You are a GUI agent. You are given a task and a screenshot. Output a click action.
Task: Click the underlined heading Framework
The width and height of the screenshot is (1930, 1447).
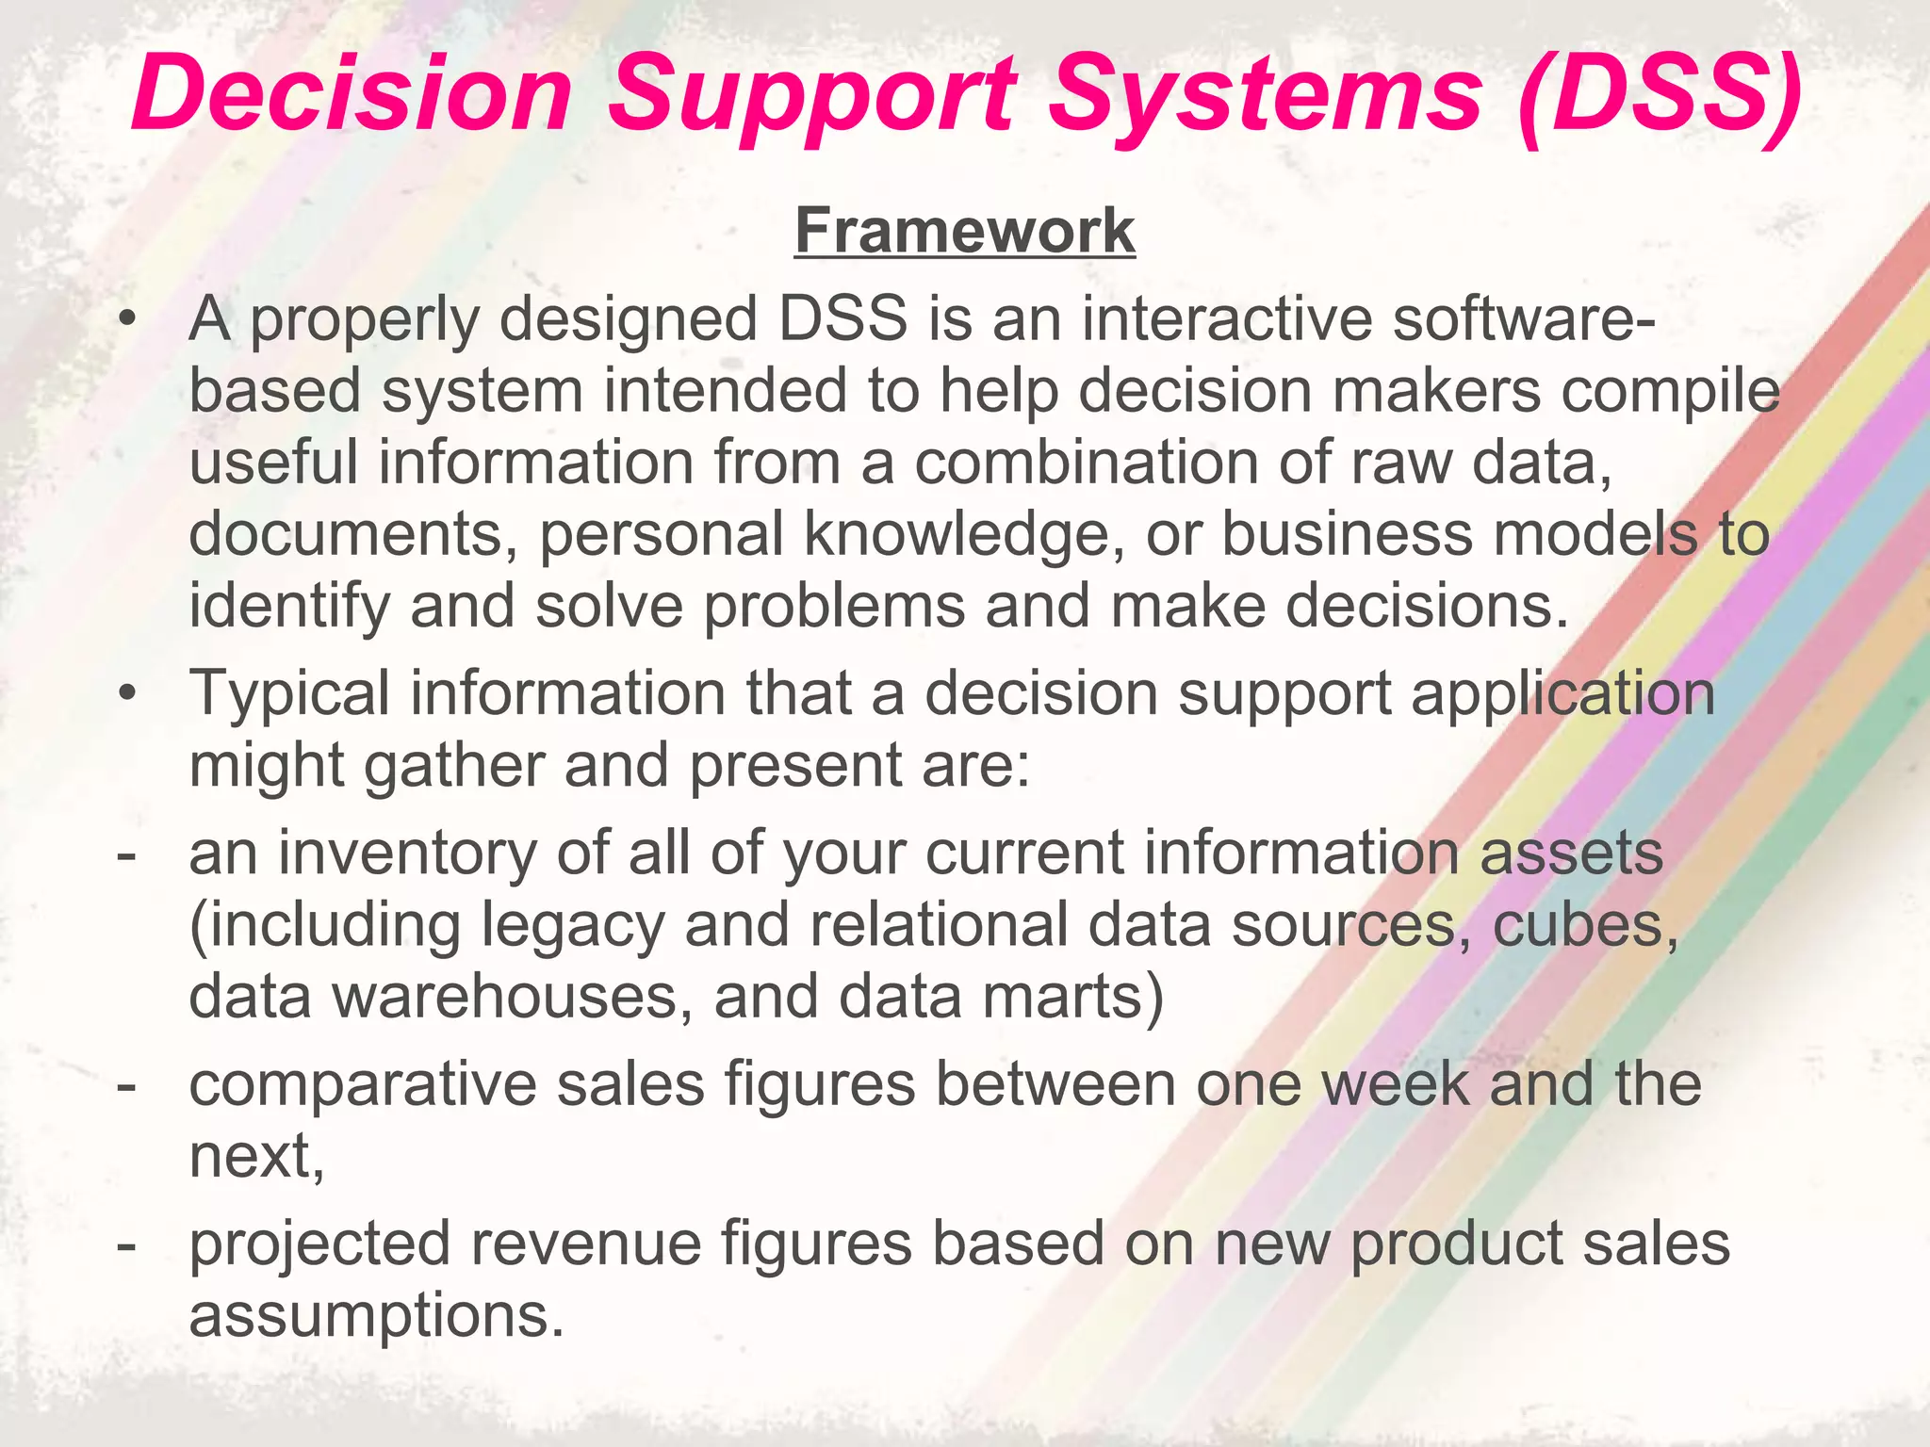[965, 231]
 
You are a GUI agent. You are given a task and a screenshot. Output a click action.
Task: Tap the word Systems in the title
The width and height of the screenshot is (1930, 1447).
[1266, 94]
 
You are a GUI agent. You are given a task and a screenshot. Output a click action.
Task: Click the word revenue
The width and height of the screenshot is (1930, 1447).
[586, 1244]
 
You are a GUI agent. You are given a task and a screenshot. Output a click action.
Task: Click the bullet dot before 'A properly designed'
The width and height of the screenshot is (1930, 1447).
[127, 321]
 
